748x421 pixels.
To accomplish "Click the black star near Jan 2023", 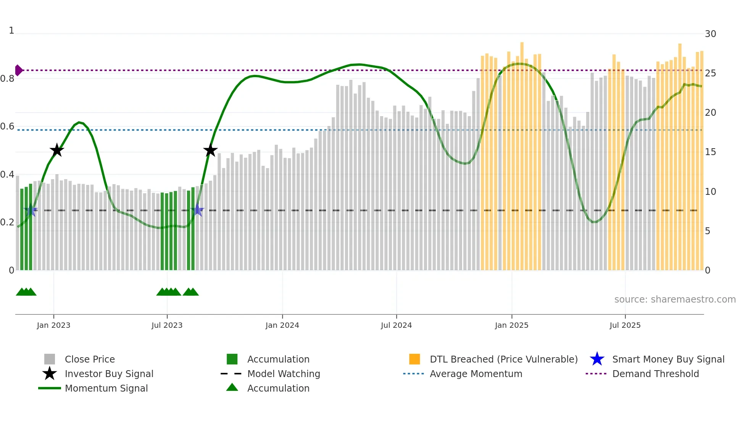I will (57, 150).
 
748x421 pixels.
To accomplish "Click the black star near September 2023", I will (210, 150).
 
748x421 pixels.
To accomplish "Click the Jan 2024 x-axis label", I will (282, 325).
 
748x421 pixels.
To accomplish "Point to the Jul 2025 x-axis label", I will (625, 325).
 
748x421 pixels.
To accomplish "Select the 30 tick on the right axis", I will (710, 34).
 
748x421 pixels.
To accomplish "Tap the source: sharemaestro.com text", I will (675, 299).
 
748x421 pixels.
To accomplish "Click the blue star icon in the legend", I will (597, 359).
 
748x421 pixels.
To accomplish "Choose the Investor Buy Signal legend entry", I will (109, 374).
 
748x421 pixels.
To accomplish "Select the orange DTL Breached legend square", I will (414, 359).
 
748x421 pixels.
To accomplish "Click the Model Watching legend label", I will (284, 374).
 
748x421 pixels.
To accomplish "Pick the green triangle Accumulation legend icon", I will (232, 387).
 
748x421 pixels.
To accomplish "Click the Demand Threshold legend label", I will (655, 374).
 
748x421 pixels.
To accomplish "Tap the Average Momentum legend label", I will (476, 374).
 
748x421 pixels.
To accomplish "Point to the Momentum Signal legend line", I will (50, 388).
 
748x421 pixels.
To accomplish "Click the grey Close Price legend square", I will (50, 359).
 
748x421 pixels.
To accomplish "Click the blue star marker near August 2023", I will (197, 210).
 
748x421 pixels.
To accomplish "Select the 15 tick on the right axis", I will (710, 152).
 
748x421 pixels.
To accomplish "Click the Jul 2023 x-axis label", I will (167, 325).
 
